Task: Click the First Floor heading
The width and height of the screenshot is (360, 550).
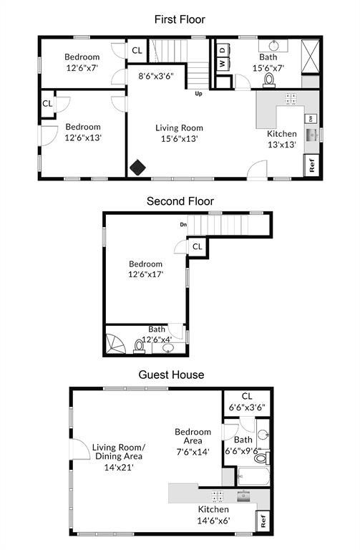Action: point(180,19)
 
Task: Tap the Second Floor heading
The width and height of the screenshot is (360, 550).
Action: point(180,201)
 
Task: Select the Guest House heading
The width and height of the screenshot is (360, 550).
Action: point(171,375)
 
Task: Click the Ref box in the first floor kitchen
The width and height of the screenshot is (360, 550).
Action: point(312,164)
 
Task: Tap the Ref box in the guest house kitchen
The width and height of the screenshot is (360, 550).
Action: point(262,521)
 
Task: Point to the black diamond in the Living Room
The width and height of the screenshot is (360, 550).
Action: point(137,167)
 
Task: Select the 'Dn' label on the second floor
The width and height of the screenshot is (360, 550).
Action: point(183,226)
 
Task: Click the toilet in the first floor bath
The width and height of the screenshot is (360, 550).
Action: point(270,77)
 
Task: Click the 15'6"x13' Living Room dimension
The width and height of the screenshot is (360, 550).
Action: point(176,139)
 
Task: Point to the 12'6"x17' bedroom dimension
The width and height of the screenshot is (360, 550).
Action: point(146,274)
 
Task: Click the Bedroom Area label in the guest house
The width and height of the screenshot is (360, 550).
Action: point(193,437)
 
